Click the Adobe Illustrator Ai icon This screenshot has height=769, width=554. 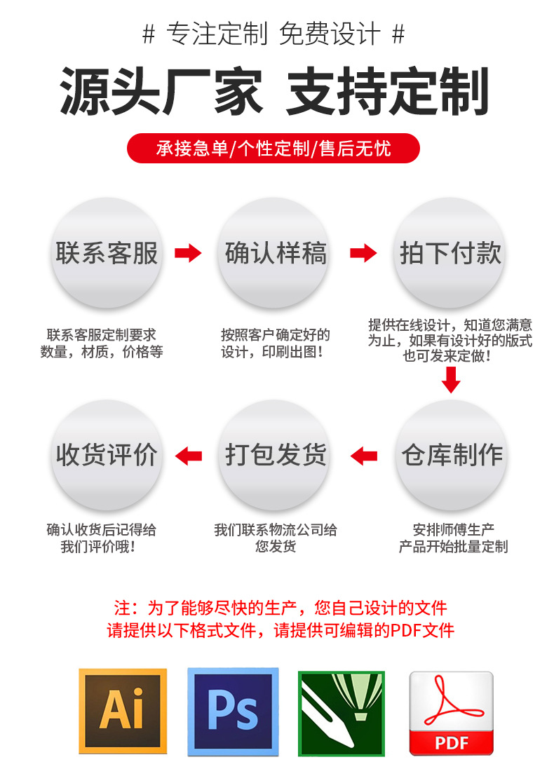(122, 711)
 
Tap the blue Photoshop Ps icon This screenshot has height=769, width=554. (233, 711)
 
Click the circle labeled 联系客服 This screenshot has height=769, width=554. (107, 252)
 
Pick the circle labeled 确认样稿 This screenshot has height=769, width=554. (276, 252)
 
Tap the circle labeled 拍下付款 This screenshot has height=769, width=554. (450, 252)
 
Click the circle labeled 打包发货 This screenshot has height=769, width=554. (276, 456)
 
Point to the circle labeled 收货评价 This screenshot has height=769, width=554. (107, 456)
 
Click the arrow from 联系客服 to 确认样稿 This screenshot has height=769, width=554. (188, 253)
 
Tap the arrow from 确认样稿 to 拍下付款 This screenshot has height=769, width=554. (363, 253)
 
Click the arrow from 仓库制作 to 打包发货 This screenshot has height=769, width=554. (363, 456)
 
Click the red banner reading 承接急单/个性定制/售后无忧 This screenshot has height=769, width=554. (273, 149)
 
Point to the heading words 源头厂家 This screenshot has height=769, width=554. (161, 92)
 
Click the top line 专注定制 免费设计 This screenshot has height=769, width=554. (273, 34)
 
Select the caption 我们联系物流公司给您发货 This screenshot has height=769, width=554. (276, 538)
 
